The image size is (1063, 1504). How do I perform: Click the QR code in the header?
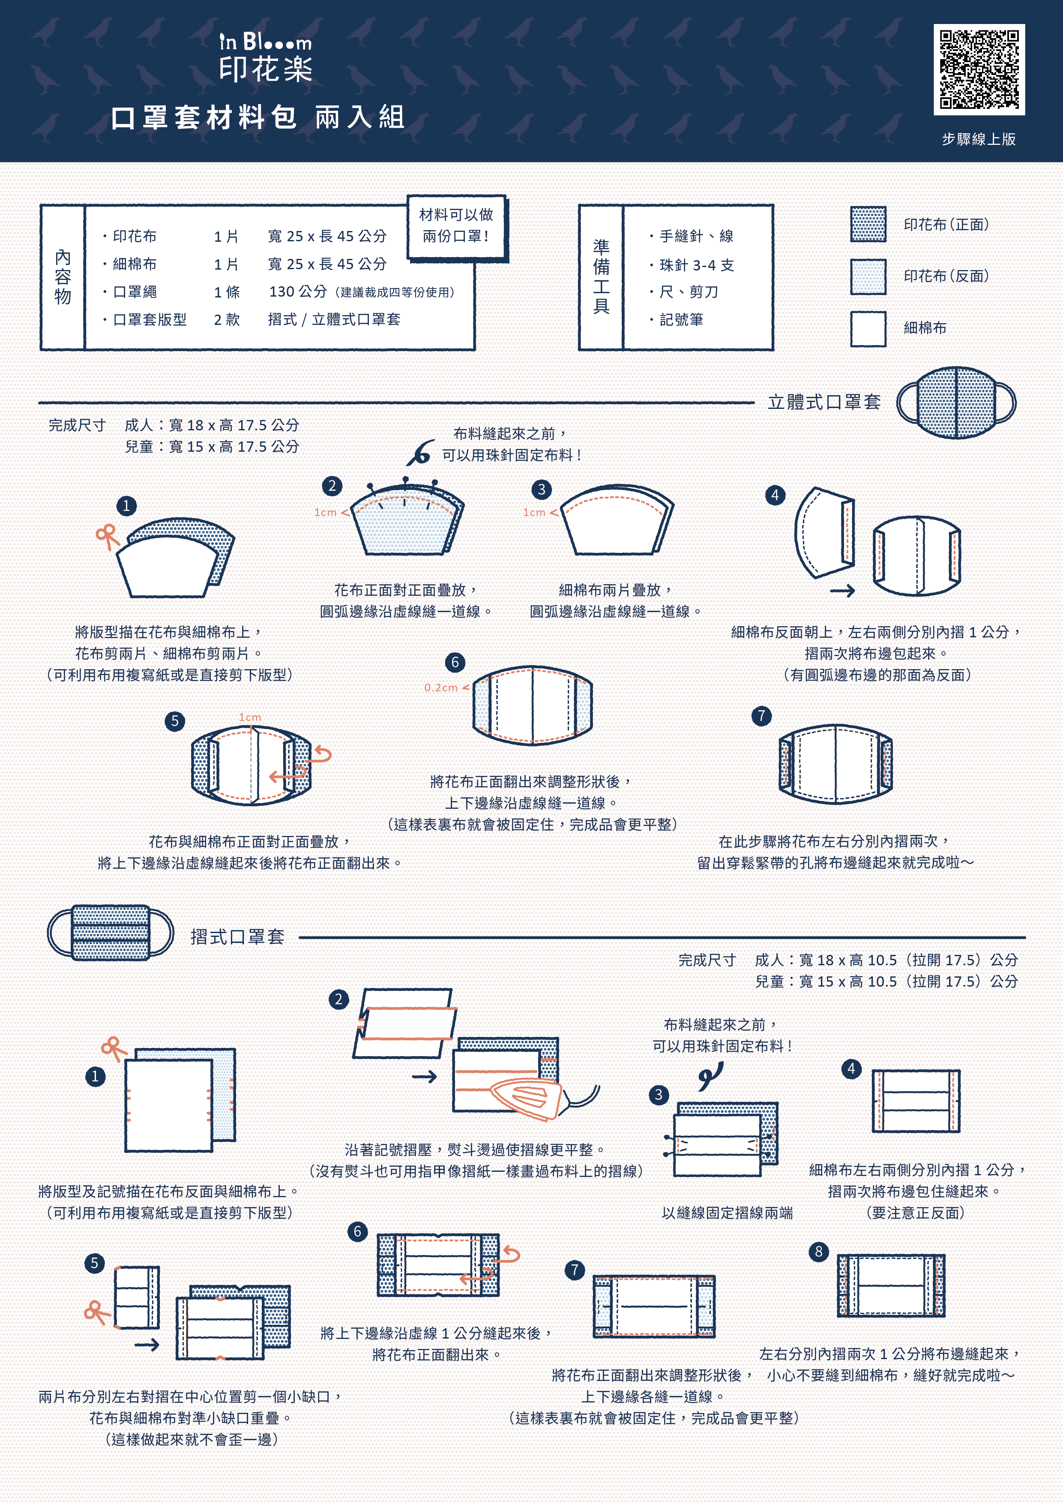[979, 69]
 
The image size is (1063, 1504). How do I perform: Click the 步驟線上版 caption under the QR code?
[979, 139]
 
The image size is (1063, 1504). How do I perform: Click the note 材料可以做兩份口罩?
[456, 225]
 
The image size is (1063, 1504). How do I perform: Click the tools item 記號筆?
[681, 320]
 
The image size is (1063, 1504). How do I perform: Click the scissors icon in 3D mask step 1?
[107, 536]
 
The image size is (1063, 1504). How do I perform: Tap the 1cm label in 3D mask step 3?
[534, 512]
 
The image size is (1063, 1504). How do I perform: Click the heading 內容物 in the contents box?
[63, 277]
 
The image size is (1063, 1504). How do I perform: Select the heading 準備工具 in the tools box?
[601, 276]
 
